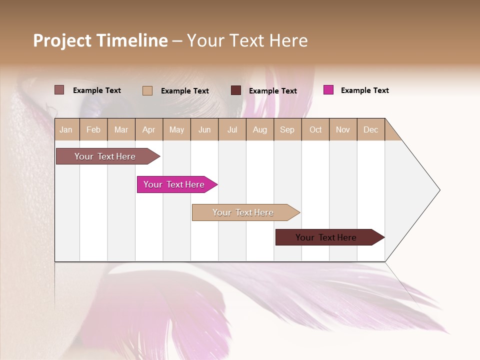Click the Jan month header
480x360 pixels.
click(x=66, y=129)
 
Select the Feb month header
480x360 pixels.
click(x=93, y=129)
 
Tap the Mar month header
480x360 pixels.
click(x=121, y=129)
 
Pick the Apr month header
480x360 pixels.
click(x=149, y=129)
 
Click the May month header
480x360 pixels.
click(x=176, y=129)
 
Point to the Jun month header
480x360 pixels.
click(x=204, y=129)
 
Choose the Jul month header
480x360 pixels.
click(x=232, y=129)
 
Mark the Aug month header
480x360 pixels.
click(x=260, y=129)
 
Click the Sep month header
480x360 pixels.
click(x=287, y=129)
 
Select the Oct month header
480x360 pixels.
click(x=315, y=129)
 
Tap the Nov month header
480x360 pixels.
click(x=343, y=129)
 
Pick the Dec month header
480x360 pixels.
click(x=371, y=129)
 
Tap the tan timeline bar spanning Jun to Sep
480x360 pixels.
click(x=243, y=212)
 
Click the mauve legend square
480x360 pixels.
click(x=59, y=90)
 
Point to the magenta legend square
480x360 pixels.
click(x=328, y=90)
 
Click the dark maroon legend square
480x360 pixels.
click(x=236, y=90)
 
